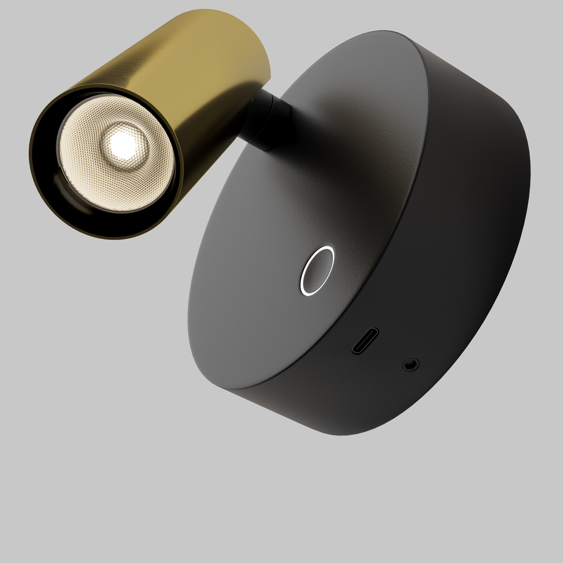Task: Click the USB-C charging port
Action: [365, 341]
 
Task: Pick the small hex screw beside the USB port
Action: [411, 364]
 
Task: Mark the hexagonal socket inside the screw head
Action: [411, 365]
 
